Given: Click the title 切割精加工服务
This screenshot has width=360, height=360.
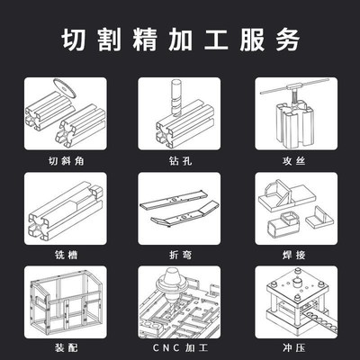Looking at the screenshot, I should point(180,41).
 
